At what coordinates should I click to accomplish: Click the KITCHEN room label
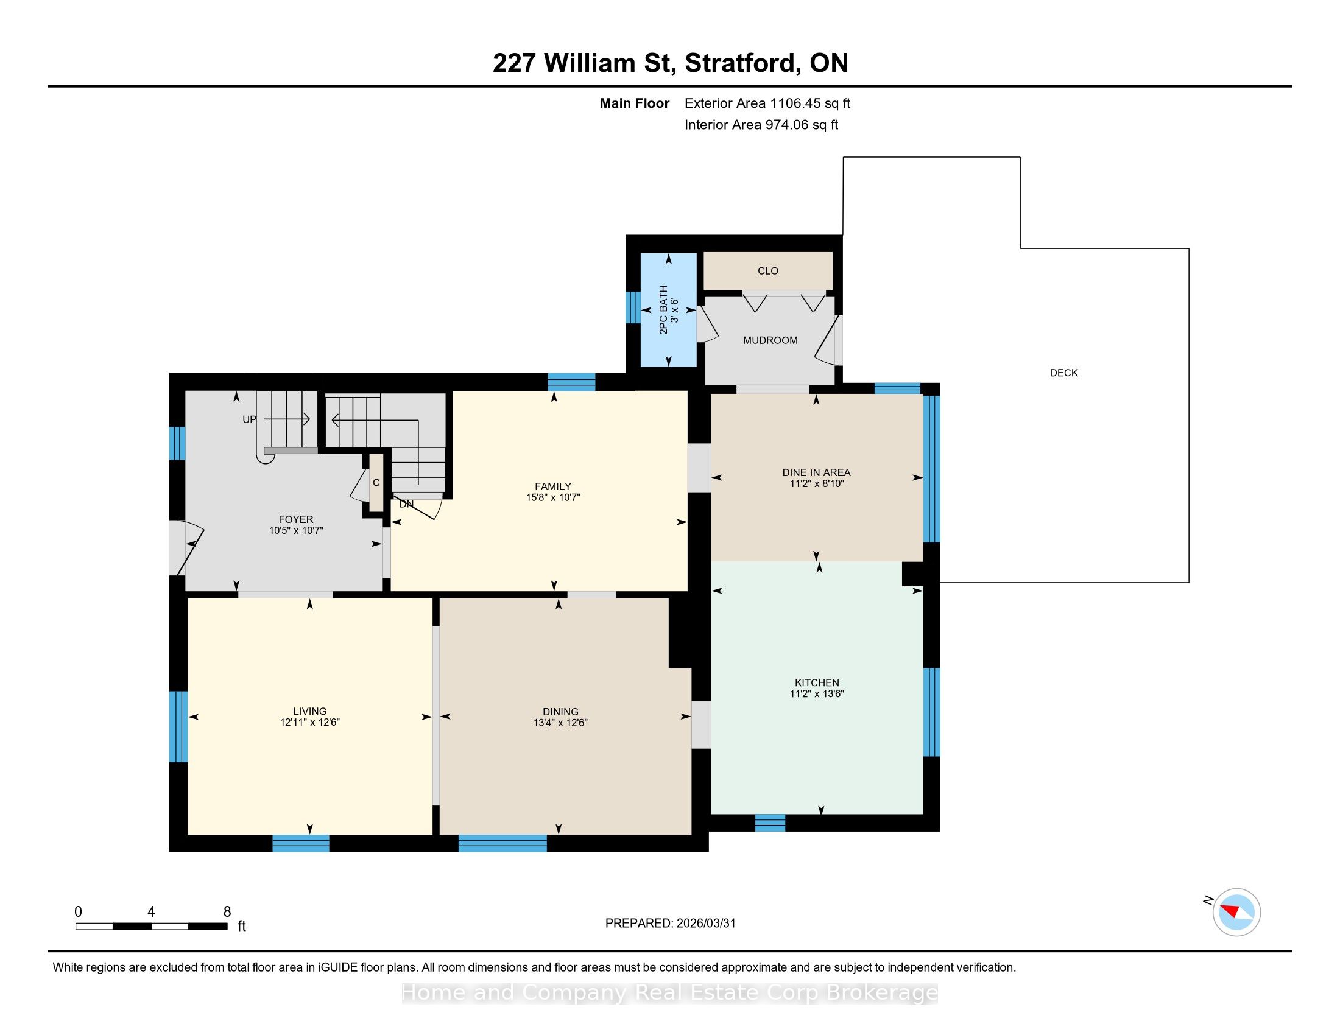pos(817,682)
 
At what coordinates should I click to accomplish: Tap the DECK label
pos(1063,373)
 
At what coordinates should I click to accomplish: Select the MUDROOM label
pos(770,340)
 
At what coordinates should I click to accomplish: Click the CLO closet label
pos(767,271)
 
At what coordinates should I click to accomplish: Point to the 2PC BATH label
pos(663,310)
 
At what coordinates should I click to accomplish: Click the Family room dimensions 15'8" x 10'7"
pos(553,498)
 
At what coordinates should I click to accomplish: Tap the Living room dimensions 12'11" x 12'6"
pos(310,722)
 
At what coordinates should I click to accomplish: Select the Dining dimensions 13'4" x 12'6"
pos(560,723)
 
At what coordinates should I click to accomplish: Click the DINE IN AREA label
pos(816,472)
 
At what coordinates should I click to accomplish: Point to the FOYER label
pos(296,519)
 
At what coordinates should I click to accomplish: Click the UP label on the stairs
pos(249,420)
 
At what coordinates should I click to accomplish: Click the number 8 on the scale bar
pos(227,912)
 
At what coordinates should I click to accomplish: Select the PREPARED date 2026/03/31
pos(705,924)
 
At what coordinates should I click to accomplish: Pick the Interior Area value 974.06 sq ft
pos(802,125)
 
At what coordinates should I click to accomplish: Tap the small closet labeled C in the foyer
pos(376,482)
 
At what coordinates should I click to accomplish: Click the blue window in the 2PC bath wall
pos(633,307)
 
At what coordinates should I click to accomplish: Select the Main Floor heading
pos(635,103)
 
